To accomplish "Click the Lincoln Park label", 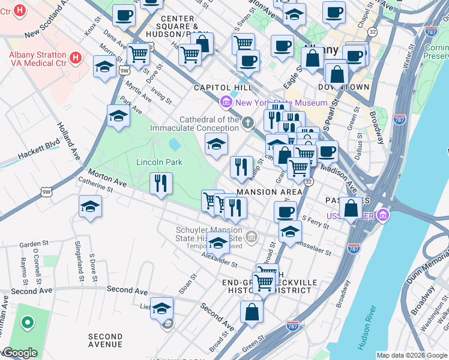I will point(158,162).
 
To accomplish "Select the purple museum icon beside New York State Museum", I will point(226,103).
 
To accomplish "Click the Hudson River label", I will point(367,328).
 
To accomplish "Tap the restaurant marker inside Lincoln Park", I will point(160,183).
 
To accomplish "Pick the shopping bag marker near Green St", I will point(252,311).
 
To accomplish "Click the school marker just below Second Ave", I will point(161,308).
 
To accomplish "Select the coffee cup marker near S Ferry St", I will point(285,211).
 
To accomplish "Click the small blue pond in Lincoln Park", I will point(175,145).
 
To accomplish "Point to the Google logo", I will point(19,353).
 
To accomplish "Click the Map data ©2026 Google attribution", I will point(411,355).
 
